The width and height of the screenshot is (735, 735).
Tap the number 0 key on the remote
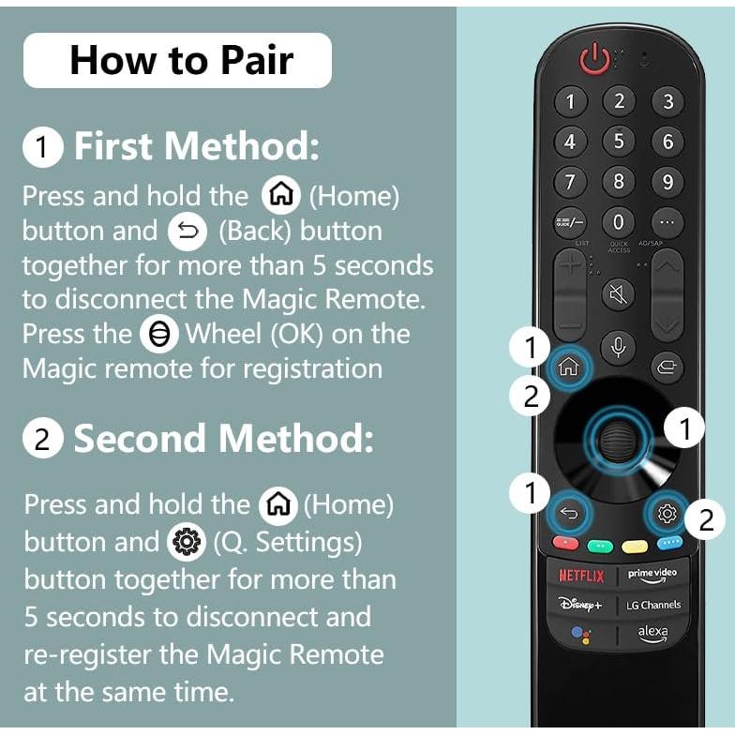(x=618, y=223)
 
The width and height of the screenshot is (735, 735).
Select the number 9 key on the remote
(x=667, y=182)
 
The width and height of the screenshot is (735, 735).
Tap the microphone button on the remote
(x=618, y=347)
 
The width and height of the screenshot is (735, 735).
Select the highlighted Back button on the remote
(x=569, y=512)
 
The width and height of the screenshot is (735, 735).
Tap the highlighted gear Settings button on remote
(x=667, y=512)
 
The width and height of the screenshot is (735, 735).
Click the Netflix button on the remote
(x=582, y=575)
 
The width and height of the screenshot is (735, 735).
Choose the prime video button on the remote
(x=652, y=575)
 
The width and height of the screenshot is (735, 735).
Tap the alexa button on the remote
(x=652, y=633)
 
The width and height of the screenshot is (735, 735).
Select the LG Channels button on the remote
(x=652, y=605)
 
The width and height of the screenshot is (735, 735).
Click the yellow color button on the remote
(x=635, y=545)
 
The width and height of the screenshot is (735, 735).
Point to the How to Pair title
(x=181, y=60)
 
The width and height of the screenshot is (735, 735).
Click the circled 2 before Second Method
(x=42, y=439)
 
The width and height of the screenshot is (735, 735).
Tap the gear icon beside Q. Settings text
(x=185, y=543)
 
